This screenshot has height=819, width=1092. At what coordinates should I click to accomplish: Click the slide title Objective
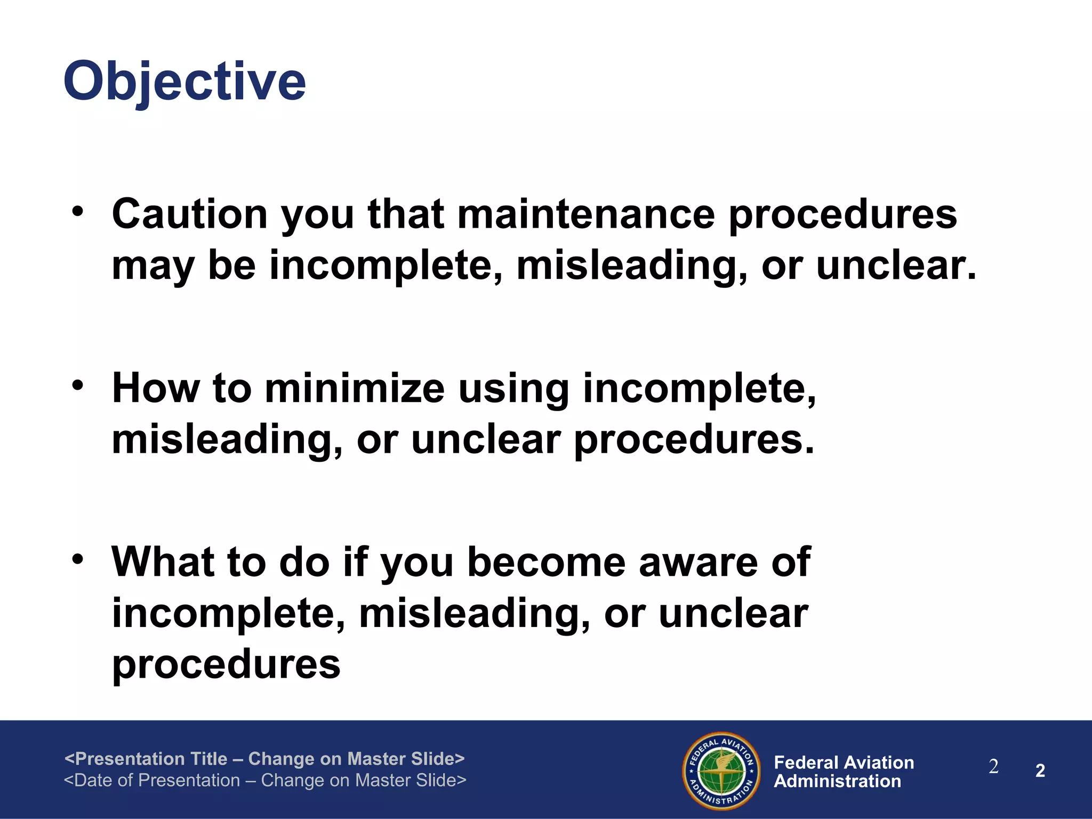[184, 81]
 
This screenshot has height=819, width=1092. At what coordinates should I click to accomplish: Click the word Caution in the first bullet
[189, 214]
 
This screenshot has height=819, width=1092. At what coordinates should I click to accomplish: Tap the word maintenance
[585, 214]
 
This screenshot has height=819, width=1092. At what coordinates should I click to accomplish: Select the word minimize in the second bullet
[355, 388]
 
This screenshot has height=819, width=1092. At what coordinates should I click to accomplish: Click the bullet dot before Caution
[78, 211]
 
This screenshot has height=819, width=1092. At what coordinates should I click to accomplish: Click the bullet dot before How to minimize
[78, 385]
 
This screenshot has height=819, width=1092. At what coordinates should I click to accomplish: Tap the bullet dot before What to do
[78, 559]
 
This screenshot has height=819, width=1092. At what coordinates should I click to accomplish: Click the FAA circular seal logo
[721, 770]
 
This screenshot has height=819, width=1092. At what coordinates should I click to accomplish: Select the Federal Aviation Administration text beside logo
[844, 772]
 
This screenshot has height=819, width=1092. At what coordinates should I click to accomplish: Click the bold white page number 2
[1040, 770]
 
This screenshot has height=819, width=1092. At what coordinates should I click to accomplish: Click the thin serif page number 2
[993, 767]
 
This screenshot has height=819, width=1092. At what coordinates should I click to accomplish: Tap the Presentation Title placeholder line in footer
[264, 758]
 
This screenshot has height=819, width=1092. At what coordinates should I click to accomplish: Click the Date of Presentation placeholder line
[265, 780]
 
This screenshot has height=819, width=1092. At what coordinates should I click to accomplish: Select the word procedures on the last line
[226, 664]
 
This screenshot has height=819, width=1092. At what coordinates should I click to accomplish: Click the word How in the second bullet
[155, 388]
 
